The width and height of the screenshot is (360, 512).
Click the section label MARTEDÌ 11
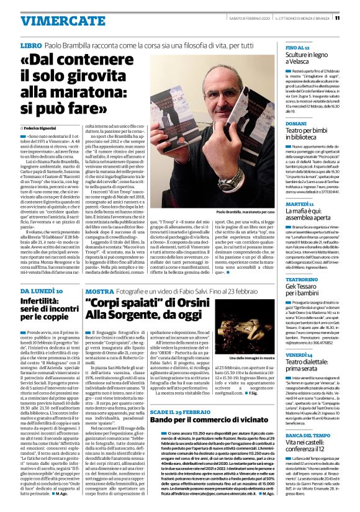pos(299,204)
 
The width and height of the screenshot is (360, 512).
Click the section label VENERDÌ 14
pos(299,353)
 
